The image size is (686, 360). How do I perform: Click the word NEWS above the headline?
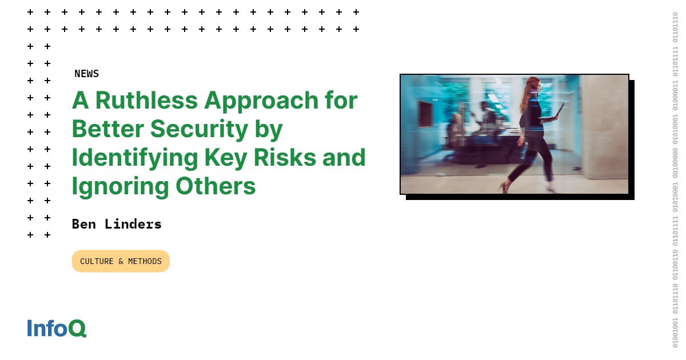tap(86, 74)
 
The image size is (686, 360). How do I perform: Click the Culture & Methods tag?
tap(121, 261)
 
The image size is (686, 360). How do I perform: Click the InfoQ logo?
tap(57, 328)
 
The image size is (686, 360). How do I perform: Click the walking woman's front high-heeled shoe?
tap(505, 186)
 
